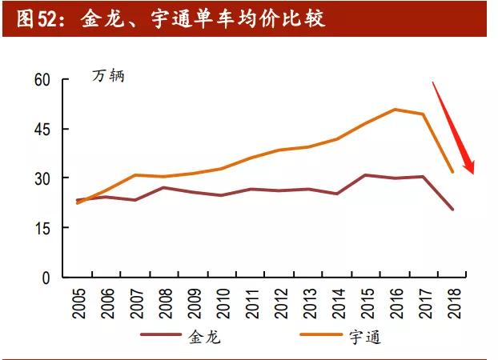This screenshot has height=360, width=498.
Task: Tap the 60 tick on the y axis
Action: [x=42, y=80]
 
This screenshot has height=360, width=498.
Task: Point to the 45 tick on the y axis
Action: [x=42, y=130]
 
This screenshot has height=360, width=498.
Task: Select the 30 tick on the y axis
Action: [x=42, y=178]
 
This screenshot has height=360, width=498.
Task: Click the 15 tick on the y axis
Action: [x=42, y=228]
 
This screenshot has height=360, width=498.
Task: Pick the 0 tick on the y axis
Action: [x=46, y=278]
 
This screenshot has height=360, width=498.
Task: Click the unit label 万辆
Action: [x=108, y=78]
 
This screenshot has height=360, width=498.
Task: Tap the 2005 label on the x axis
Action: [x=79, y=302]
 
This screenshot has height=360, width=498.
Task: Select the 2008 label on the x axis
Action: [x=165, y=302]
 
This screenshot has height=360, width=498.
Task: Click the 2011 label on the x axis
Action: [x=251, y=302]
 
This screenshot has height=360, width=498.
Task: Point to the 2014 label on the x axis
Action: [x=338, y=302]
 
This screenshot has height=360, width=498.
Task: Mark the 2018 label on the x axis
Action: [x=453, y=302]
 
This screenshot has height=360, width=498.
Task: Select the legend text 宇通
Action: [x=366, y=336]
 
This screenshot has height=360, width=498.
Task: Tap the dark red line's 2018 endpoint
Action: [x=453, y=210]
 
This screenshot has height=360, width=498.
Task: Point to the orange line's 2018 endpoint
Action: [x=453, y=172]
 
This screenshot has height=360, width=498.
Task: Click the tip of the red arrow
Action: [x=472, y=173]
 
